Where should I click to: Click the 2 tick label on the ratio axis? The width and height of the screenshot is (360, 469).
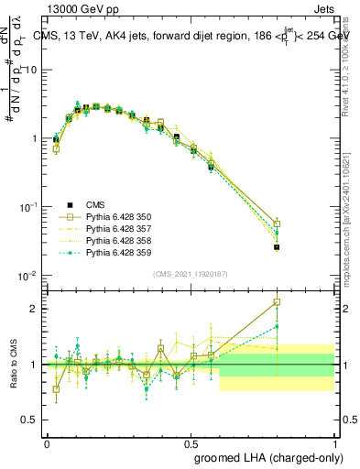coord(35,309)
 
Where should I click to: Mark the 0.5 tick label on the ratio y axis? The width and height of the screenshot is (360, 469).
coord(30,420)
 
